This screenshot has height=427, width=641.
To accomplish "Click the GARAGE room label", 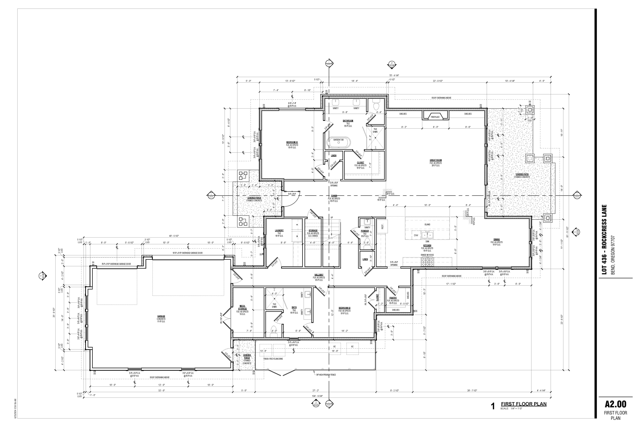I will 161,316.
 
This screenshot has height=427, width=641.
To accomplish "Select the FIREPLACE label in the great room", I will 435,117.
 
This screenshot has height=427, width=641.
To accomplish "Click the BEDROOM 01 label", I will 292,142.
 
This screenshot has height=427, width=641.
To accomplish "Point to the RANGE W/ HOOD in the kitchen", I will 427,255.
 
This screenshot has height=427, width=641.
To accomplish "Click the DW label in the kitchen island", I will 416,235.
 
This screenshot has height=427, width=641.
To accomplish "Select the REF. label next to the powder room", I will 382,227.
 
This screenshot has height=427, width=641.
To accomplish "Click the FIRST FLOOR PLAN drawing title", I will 523,404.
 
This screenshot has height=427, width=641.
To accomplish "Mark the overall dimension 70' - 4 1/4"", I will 394,75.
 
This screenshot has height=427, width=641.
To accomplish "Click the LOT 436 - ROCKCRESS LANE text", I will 604,240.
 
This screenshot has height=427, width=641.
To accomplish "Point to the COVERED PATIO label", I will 522,174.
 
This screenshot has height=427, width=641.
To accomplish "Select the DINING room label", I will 496,240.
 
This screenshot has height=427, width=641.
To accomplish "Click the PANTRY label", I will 393,298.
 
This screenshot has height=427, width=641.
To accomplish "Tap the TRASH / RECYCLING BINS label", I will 273,359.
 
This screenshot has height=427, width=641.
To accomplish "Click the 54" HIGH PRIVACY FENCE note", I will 326,375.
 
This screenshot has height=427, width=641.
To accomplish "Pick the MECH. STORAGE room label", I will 242,307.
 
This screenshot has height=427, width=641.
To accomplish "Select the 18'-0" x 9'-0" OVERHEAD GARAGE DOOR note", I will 188,253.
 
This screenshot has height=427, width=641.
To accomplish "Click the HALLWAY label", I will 319,275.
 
